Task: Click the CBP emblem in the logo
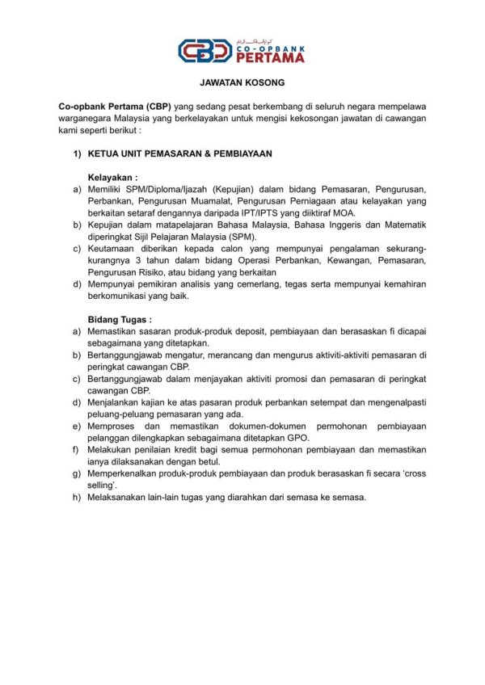click(205, 52)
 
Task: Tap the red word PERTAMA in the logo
click(270, 58)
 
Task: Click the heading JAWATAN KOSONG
click(242, 83)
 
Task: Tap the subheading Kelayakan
click(112, 176)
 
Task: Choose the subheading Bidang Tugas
click(120, 319)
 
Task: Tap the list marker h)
click(77, 497)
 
